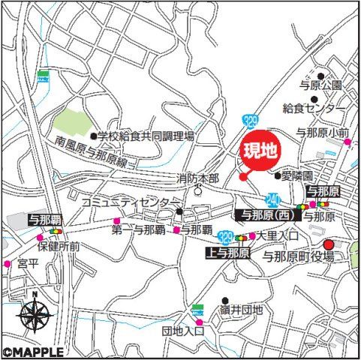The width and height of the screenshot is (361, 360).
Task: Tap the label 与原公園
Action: [317, 85]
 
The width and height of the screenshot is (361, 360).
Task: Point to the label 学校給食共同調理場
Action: [147, 136]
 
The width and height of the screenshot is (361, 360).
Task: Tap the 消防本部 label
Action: [197, 178]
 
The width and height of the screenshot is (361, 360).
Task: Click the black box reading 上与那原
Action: [227, 253]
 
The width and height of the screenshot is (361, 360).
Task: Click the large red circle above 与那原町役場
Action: [327, 244]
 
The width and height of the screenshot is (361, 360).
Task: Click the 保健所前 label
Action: [59, 245]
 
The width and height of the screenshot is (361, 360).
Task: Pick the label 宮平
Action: [27, 264]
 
